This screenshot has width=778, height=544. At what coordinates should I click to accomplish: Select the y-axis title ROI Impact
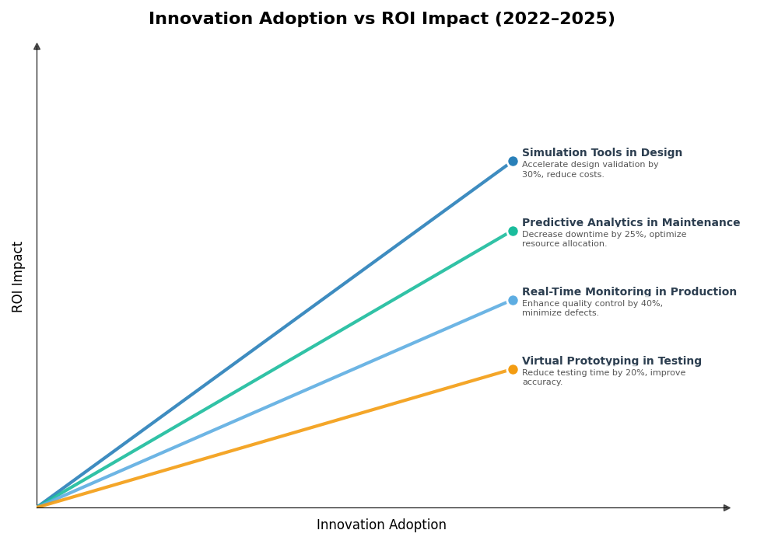pyautogui.click(x=18, y=277)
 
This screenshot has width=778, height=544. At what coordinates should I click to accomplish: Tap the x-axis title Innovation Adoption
pyautogui.click(x=381, y=525)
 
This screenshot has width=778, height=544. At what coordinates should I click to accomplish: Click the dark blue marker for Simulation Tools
pyautogui.click(x=513, y=162)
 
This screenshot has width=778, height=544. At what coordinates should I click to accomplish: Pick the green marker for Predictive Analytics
pyautogui.click(x=513, y=231)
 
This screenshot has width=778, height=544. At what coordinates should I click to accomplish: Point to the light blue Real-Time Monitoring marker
pyautogui.click(x=513, y=300)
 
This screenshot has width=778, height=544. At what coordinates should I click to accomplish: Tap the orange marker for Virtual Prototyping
pyautogui.click(x=513, y=369)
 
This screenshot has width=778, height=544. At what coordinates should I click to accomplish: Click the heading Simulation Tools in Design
pyautogui.click(x=601, y=153)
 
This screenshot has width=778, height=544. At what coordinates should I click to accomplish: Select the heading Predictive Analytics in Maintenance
pyautogui.click(x=630, y=223)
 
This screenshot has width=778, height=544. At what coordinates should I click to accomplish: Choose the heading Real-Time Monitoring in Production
pyautogui.click(x=629, y=292)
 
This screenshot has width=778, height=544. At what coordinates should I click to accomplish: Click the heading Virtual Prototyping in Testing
pyautogui.click(x=612, y=361)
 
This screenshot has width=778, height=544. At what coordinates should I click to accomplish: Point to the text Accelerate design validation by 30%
pyautogui.click(x=590, y=165)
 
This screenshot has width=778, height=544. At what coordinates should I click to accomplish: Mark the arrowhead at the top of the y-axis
pyautogui.click(x=37, y=47)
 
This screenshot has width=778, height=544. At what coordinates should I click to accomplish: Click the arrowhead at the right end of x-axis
pyautogui.click(x=727, y=507)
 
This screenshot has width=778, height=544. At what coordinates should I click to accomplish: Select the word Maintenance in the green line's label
pyautogui.click(x=700, y=223)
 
